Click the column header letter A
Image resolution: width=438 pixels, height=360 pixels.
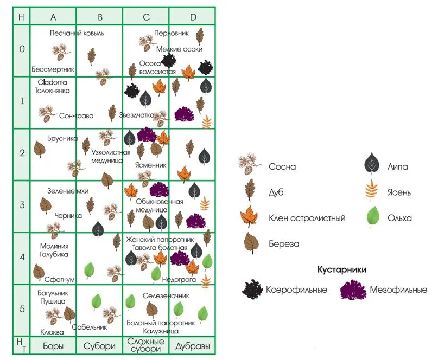pyautogui.click(x=53, y=16)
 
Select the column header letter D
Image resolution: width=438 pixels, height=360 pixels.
pyautogui.click(x=193, y=16)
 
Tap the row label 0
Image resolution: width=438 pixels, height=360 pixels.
pyautogui.click(x=22, y=49)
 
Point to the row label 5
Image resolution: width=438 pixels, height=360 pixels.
pyautogui.click(x=22, y=310)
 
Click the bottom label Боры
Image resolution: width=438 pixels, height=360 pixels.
pyautogui.click(x=53, y=345)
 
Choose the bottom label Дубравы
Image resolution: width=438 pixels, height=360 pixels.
pyautogui.click(x=193, y=345)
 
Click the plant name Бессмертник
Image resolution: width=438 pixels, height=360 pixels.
pyautogui.click(x=53, y=69)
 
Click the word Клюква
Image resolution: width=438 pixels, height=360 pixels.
pyautogui.click(x=52, y=332)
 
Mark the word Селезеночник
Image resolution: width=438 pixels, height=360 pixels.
pyautogui.click(x=166, y=297)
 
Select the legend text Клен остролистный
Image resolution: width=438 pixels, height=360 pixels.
pyautogui.click(x=307, y=218)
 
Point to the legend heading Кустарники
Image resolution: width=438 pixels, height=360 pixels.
pyautogui.click(x=342, y=269)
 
